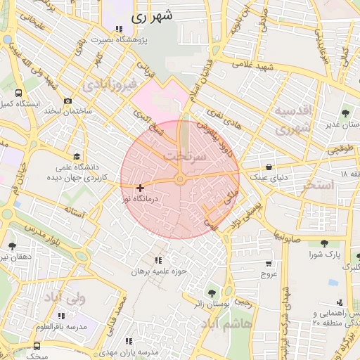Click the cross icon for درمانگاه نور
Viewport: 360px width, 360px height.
[x=141, y=188]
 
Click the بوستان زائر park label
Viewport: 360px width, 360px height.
[x=212, y=304]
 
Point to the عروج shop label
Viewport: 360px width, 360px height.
[x=270, y=274]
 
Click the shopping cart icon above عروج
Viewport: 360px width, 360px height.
[x=269, y=264]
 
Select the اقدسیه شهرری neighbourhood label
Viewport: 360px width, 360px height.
[x=292, y=120]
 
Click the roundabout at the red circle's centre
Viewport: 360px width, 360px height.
[x=180, y=180]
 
